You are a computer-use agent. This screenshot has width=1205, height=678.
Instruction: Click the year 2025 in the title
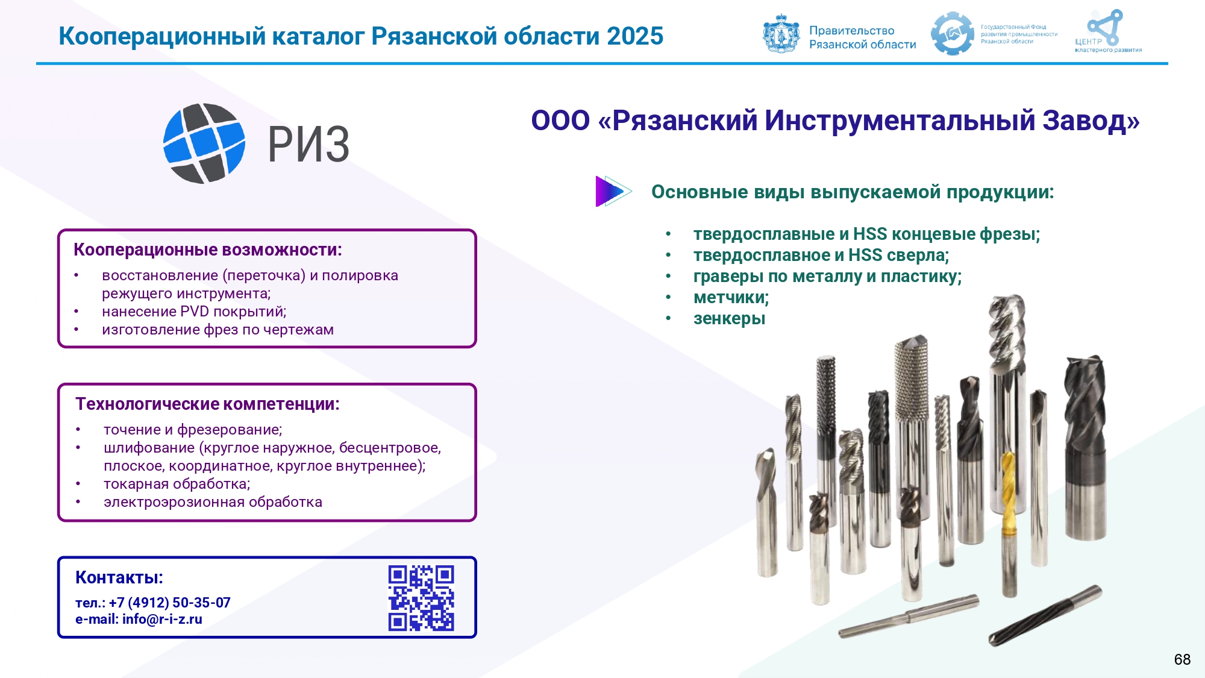click(635, 36)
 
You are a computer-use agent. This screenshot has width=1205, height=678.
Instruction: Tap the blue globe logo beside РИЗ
click(204, 143)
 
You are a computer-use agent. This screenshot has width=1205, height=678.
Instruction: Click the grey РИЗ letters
click(308, 145)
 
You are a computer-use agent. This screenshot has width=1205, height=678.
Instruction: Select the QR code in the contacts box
click(421, 598)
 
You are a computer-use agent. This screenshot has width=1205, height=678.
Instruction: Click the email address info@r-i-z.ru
click(162, 619)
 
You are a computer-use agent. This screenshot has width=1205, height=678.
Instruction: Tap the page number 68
click(1182, 659)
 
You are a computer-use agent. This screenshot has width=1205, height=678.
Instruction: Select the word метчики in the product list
click(730, 298)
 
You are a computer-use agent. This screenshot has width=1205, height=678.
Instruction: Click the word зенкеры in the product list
click(729, 319)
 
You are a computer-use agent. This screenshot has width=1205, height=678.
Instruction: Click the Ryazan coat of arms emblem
click(781, 34)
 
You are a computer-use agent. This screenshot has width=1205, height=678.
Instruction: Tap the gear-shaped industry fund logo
click(952, 34)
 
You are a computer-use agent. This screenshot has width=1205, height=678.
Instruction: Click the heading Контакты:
click(119, 577)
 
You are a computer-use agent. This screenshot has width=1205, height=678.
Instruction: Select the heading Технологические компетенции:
click(207, 404)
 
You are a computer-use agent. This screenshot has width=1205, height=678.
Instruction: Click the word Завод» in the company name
click(1091, 121)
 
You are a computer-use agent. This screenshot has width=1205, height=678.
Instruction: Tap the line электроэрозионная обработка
click(213, 502)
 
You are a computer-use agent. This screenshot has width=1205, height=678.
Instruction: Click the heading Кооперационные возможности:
click(208, 250)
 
